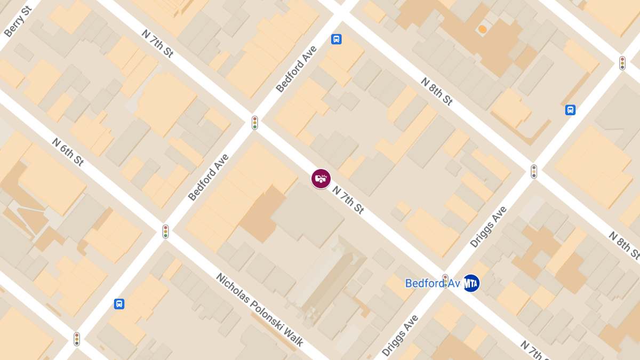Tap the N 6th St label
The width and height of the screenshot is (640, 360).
68,152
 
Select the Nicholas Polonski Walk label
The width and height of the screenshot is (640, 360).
260,309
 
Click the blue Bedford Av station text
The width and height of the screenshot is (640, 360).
432,283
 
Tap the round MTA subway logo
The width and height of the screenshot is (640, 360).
471,283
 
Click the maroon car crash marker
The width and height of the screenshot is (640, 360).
321,179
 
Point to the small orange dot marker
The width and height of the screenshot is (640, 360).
482,29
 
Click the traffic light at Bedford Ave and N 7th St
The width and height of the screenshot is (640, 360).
255,123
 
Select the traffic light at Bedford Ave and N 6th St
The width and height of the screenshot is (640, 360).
165,231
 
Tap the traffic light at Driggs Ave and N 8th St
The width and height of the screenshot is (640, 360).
533,171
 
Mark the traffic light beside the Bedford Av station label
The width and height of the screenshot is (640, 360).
445,281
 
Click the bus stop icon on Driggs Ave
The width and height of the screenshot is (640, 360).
570,110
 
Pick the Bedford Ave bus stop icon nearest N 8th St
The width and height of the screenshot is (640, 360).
337,39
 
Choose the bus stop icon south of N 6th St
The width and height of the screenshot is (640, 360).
119,304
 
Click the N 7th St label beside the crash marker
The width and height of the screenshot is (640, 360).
348,199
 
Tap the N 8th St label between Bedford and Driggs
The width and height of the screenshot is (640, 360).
436,91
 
